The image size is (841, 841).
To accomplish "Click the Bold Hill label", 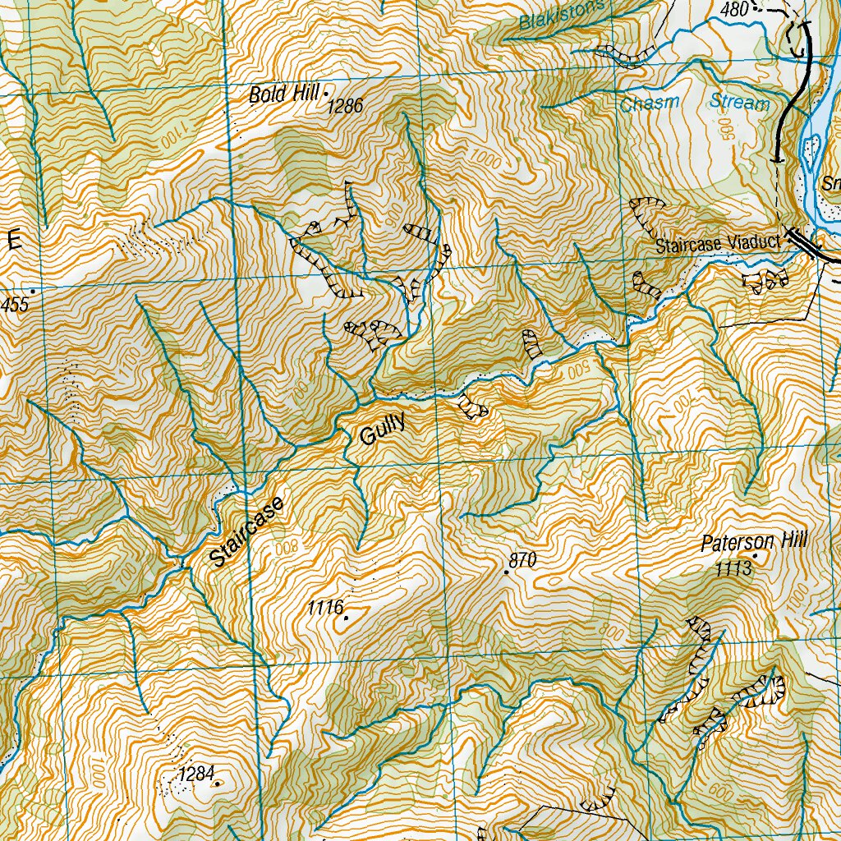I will tap(283, 95).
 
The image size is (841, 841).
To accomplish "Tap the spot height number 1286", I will tap(345, 106).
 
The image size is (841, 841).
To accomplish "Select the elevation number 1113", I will tap(733, 569).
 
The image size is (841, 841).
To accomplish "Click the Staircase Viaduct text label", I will tap(716, 246).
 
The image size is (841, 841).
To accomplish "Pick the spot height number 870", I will tap(522, 560).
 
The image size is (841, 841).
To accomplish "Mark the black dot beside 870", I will tap(506, 572).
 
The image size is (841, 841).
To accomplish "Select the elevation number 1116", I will tap(324, 609).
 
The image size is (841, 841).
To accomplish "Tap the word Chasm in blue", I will tap(650, 103).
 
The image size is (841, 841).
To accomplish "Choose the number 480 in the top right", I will tap(735, 9).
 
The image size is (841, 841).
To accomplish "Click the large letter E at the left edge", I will tap(14, 241).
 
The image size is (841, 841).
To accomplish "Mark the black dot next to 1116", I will tap(347, 618).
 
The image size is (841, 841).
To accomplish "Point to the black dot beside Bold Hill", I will tap(325, 93).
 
